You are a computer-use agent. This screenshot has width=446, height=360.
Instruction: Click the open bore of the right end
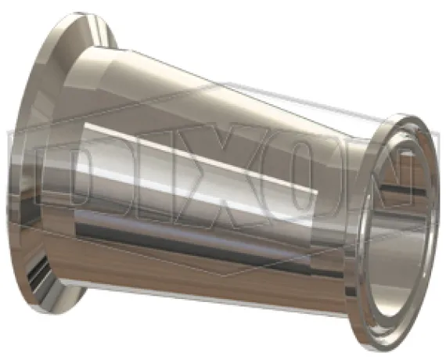click(x=398, y=228)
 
